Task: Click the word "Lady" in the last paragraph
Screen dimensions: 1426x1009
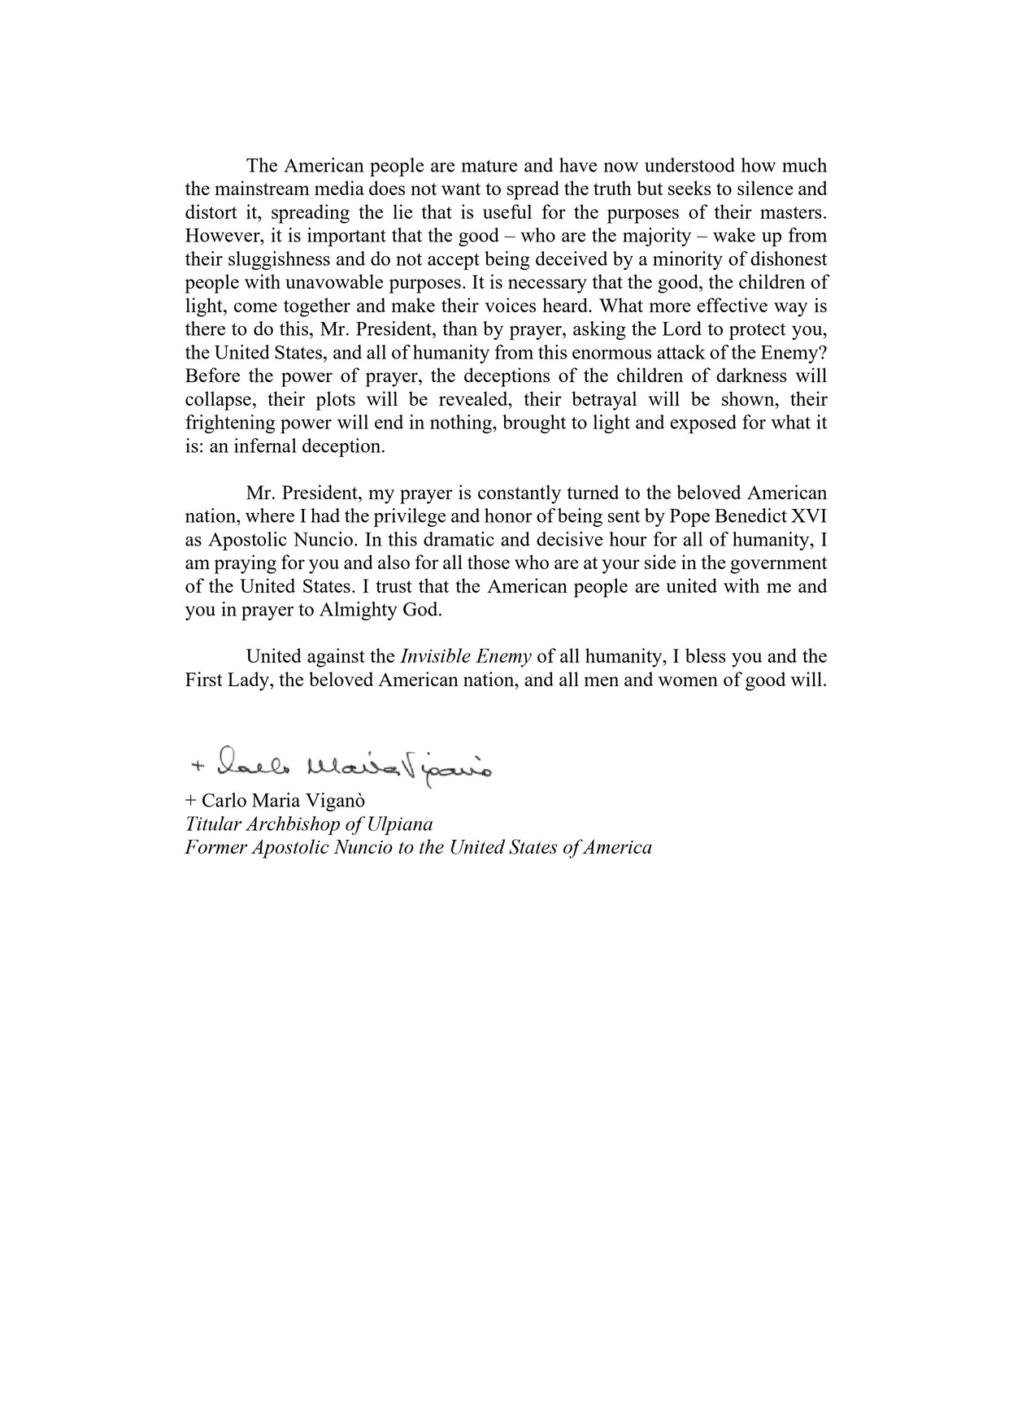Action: click(250, 680)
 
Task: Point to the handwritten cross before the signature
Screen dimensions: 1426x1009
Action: click(196, 766)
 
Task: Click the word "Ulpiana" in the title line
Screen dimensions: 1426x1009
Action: click(400, 824)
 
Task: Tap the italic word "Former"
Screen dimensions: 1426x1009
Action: click(215, 848)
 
